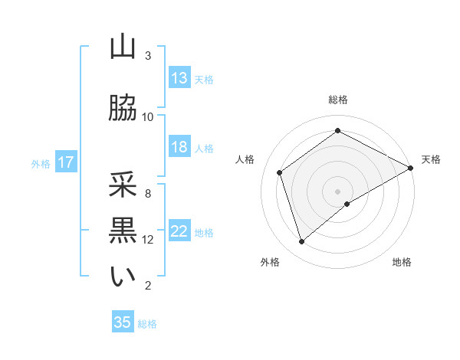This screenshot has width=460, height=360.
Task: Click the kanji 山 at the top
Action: point(123,47)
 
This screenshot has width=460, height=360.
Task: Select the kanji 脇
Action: point(123,109)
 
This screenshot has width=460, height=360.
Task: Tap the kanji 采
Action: point(123,185)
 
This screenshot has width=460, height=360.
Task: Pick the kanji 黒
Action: point(123,231)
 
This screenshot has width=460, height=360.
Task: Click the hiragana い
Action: point(123,277)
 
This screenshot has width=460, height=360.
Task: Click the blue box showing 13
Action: point(179,78)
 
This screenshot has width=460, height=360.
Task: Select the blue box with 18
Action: point(179,147)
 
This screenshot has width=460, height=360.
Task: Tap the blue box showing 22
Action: point(179,231)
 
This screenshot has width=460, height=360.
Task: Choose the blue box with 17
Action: point(65,162)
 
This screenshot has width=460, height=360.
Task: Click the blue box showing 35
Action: point(123,322)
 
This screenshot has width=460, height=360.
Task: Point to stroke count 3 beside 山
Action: point(148,56)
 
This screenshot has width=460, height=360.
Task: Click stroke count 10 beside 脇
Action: point(148,117)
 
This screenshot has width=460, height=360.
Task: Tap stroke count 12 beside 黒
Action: point(148,240)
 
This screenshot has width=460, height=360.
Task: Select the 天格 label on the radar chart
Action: point(431,159)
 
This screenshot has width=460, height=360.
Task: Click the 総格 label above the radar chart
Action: point(338,100)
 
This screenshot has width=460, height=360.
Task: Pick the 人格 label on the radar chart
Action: point(245,159)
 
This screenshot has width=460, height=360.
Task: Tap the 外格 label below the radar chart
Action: point(270,262)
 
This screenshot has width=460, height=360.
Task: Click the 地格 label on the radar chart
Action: point(402,262)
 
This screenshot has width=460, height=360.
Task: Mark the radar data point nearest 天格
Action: point(412,168)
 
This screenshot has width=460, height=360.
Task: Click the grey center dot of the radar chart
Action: point(338,191)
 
